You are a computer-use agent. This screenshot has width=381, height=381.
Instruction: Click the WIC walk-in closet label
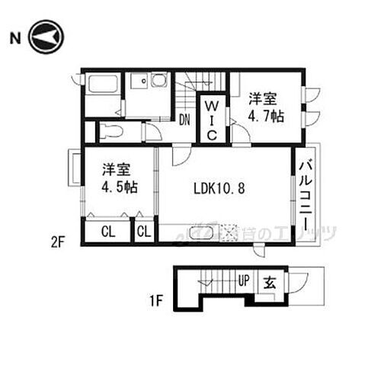[213, 117]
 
